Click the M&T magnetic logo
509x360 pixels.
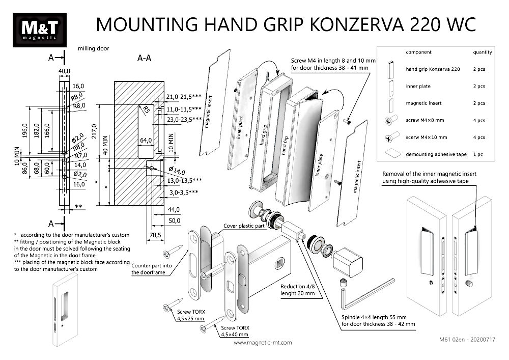point(39,31)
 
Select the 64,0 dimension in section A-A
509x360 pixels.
point(146,140)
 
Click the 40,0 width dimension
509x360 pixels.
point(64,70)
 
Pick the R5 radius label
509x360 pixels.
point(146,110)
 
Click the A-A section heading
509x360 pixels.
point(145,58)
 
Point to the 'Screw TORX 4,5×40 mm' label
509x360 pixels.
point(234,331)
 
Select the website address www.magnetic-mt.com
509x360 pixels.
point(263,343)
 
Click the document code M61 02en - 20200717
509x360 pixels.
point(466,338)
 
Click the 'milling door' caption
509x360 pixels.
point(94,49)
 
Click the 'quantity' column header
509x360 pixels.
point(482,52)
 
